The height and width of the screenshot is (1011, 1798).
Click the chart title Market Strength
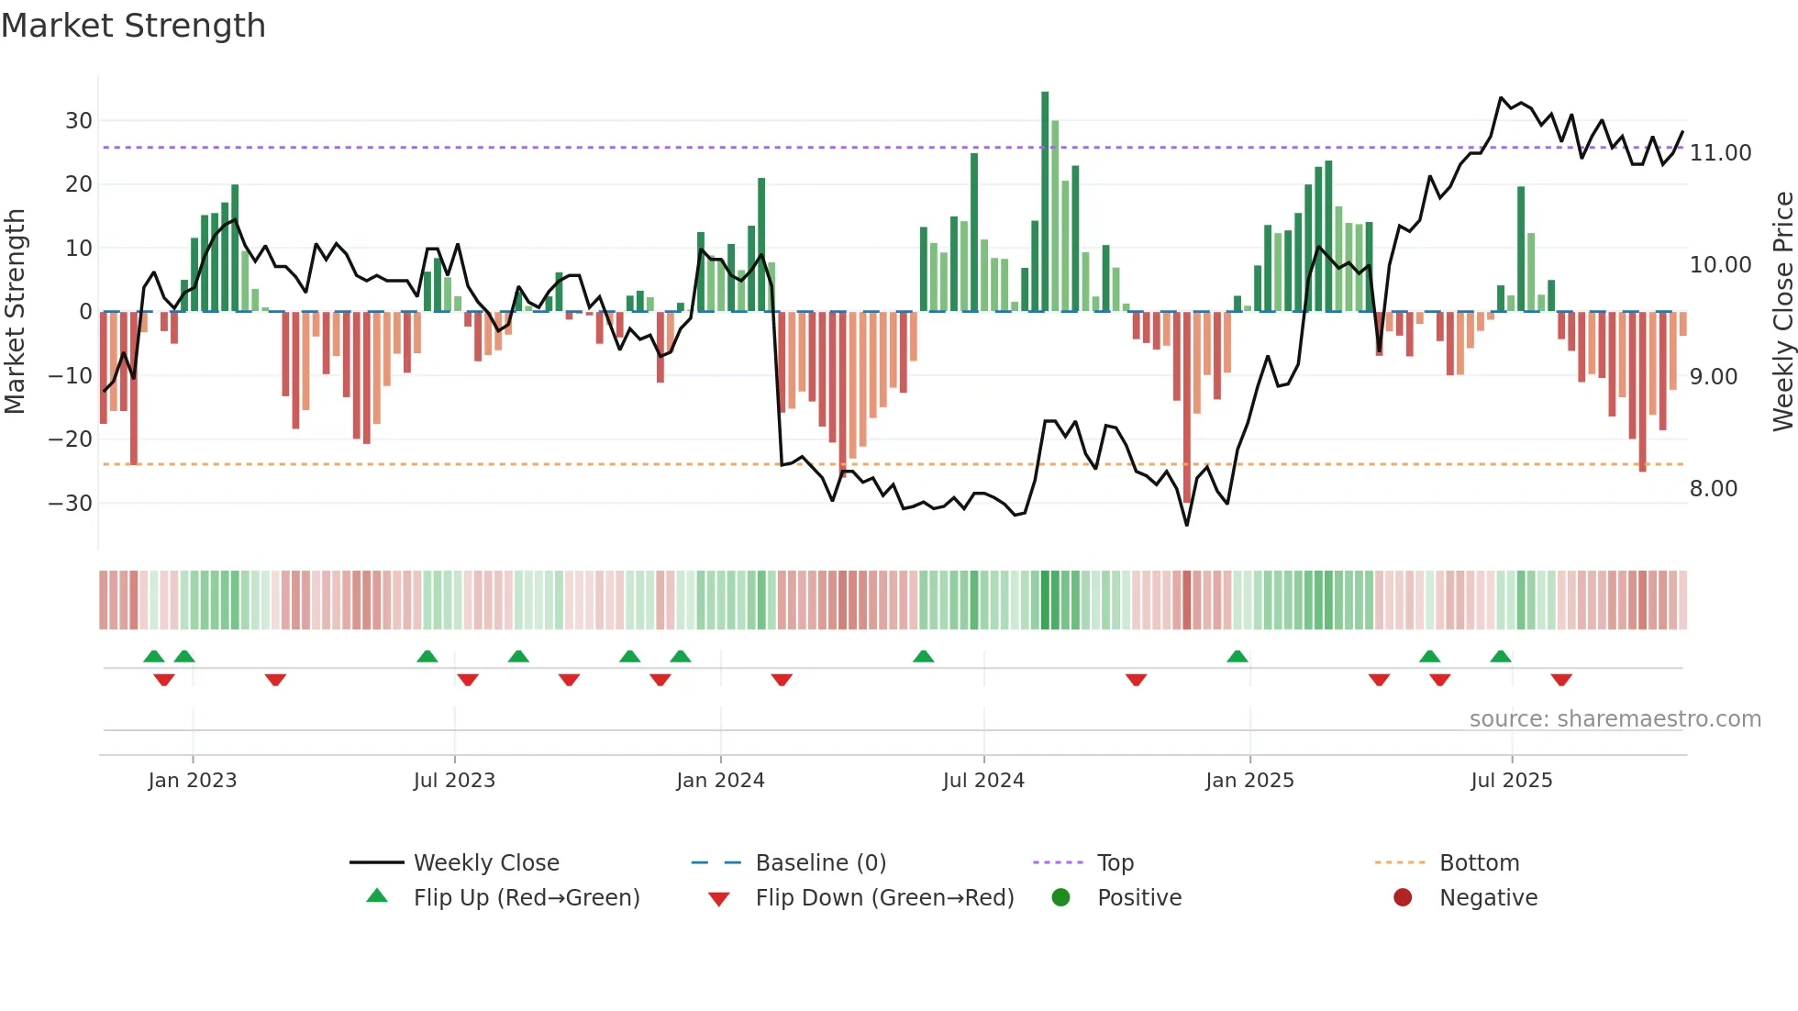[133, 26]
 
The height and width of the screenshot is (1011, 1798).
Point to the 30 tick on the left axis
[79, 120]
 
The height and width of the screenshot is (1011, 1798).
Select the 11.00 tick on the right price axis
[1720, 152]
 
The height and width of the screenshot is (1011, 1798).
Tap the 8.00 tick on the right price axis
[1713, 488]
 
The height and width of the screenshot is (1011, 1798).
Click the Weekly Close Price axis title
[1782, 311]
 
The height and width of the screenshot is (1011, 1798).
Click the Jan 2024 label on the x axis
[720, 780]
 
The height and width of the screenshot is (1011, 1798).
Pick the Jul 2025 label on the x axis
[1511, 780]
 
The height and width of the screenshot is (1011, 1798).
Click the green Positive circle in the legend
[1060, 897]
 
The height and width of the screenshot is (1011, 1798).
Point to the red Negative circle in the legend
[1402, 897]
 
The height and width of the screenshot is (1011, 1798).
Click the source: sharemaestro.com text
[1615, 718]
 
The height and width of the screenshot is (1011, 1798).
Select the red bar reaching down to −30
[1186, 408]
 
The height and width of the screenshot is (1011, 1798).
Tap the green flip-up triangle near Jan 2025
[1237, 657]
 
